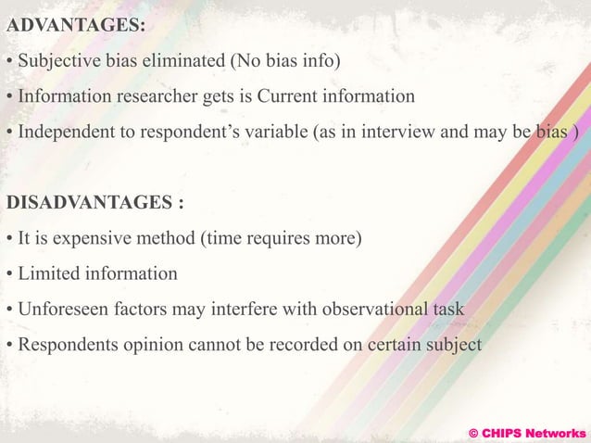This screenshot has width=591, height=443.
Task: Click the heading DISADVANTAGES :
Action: click(95, 202)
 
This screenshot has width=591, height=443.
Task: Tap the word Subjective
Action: click(57, 61)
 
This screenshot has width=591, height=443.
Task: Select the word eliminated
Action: click(176, 61)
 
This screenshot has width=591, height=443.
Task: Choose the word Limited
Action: click(46, 273)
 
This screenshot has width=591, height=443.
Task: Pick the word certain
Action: click(389, 344)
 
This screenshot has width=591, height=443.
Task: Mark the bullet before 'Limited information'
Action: click(9, 274)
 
